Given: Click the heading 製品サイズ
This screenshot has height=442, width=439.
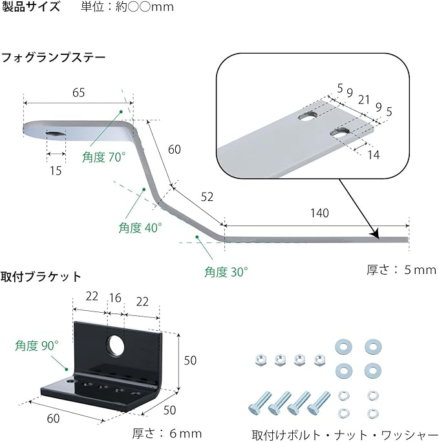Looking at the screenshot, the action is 31,8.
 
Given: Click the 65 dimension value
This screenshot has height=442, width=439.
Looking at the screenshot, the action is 78,92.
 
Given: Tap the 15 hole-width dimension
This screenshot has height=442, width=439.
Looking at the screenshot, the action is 56,171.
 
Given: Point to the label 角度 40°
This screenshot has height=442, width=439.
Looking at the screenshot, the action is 140,227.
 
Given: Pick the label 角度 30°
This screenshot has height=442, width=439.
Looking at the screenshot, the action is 226,271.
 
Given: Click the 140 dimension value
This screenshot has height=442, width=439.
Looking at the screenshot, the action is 319,213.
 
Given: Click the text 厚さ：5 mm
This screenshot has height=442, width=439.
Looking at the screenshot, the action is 402,269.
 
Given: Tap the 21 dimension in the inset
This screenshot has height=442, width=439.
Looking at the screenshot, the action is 364,100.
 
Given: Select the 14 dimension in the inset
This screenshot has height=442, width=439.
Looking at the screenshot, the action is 373,154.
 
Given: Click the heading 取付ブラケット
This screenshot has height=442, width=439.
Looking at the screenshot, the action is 41,277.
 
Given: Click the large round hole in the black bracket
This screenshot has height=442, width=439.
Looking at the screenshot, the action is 117,346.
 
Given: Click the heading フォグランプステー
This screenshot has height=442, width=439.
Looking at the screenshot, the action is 53,58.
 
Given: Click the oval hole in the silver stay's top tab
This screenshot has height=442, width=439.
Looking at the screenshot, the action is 56,133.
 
